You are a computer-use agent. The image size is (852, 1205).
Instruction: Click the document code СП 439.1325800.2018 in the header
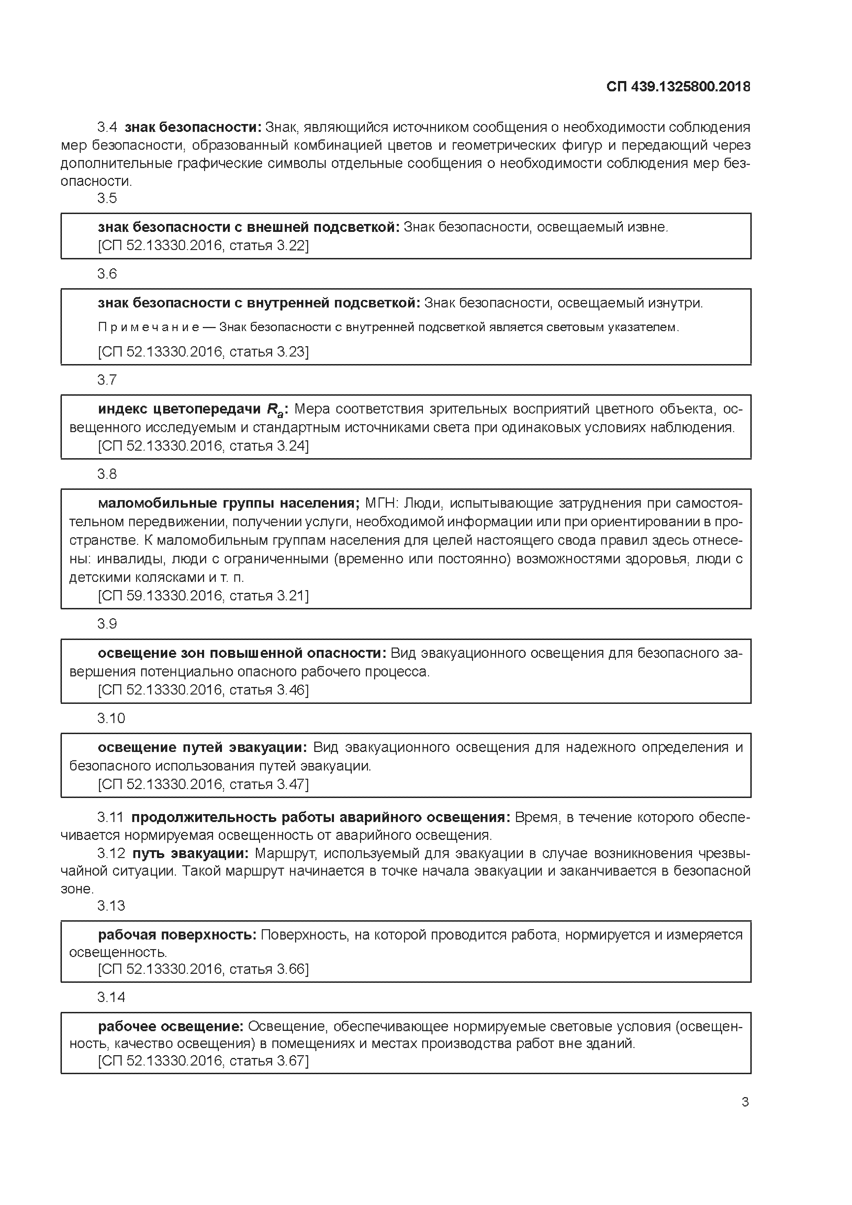[678, 87]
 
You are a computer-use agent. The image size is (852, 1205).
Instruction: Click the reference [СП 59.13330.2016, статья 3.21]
[203, 596]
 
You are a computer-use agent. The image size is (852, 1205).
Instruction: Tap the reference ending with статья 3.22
[203, 245]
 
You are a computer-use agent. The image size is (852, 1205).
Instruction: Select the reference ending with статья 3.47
[203, 784]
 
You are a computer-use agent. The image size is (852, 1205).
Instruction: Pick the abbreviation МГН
[382, 503]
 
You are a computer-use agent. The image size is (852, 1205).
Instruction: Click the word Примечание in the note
[148, 327]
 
